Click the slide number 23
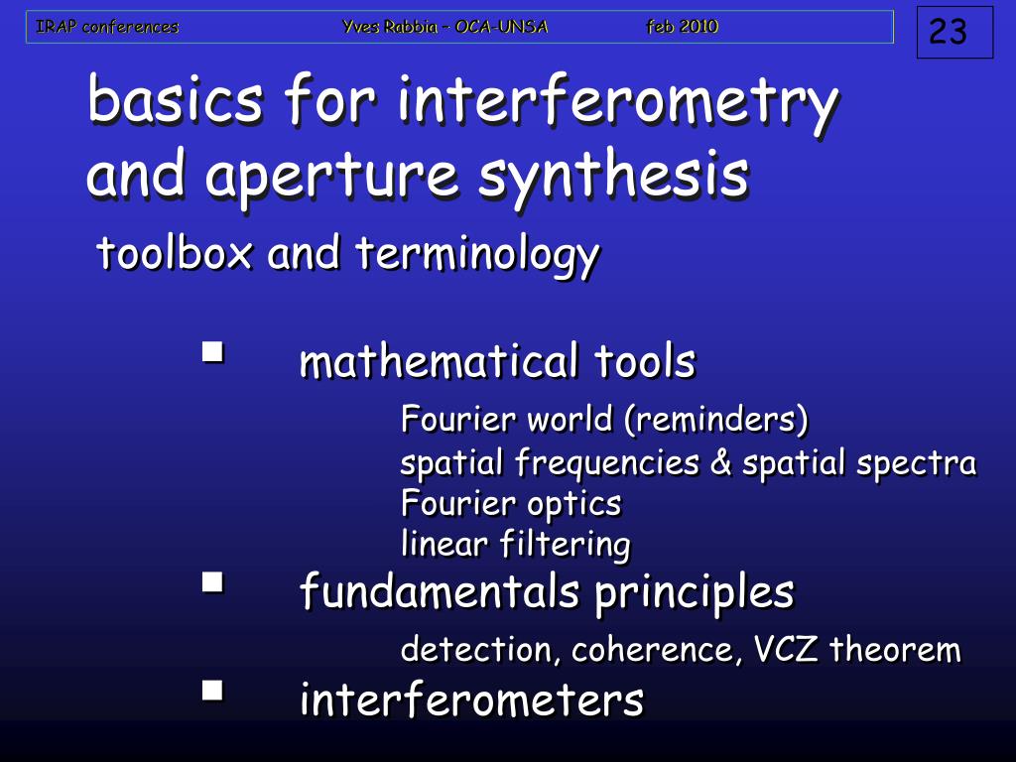tap(948, 33)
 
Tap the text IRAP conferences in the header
tap(107, 27)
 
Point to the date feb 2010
tap(683, 27)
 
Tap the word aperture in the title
tap(331, 176)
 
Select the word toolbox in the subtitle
tap(175, 254)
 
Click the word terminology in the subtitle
tap(478, 256)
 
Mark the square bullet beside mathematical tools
tap(212, 351)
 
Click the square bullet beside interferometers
tap(212, 690)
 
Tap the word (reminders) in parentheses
tap(715, 421)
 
